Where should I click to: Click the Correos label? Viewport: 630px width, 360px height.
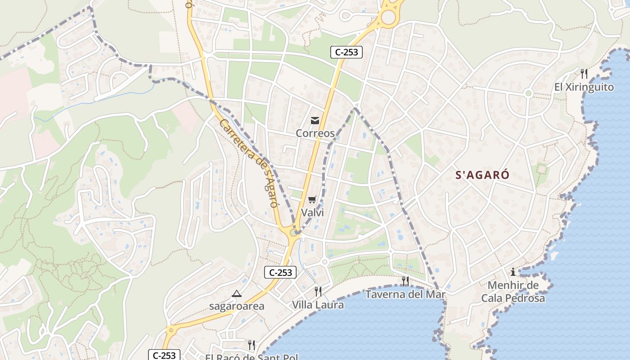(315, 133)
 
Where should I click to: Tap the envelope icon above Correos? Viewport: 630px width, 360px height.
(315, 121)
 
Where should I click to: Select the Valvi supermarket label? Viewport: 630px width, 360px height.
(312, 212)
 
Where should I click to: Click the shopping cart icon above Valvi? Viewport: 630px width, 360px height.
(312, 199)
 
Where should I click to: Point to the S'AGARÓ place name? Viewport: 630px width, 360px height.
(482, 175)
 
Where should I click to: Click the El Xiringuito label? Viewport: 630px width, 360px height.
(584, 87)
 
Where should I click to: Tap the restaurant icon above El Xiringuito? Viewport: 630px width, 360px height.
(584, 73)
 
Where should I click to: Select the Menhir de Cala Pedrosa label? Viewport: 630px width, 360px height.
(513, 292)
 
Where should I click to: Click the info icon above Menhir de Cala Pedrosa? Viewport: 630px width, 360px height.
(513, 272)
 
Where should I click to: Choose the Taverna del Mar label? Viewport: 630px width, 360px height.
(405, 294)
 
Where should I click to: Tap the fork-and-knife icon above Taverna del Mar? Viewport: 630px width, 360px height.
(405, 281)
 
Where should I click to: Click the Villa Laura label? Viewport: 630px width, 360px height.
(318, 305)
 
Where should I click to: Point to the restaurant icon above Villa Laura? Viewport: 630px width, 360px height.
(318, 291)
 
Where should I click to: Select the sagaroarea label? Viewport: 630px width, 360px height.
(237, 306)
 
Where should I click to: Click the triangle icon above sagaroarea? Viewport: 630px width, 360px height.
(237, 294)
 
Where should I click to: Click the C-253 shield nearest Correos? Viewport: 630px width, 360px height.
(346, 52)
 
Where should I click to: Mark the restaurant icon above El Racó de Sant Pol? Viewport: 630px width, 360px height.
(252, 345)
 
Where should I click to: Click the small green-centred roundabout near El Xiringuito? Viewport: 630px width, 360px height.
(529, 93)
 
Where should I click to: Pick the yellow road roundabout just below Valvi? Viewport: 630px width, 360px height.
(294, 233)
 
